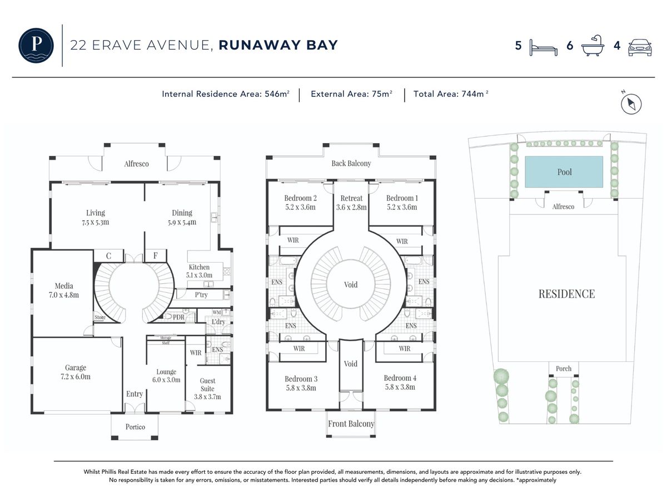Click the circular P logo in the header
(36, 45)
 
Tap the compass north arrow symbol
(631, 104)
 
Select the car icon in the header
(640, 47)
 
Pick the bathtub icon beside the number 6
(593, 46)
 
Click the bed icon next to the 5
(543, 48)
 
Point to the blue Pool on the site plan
(564, 172)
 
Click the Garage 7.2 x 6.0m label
(76, 372)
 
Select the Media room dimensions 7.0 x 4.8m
(64, 295)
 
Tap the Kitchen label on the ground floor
(199, 267)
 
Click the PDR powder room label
(178, 317)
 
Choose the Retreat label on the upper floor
(351, 198)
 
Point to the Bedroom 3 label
(301, 379)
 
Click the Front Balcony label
(351, 424)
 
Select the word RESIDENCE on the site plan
(566, 294)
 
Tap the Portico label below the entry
(135, 427)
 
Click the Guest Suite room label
(207, 385)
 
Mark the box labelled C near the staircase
(108, 256)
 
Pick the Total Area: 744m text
(451, 94)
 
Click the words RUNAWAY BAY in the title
(278, 45)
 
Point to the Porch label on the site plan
(564, 369)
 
